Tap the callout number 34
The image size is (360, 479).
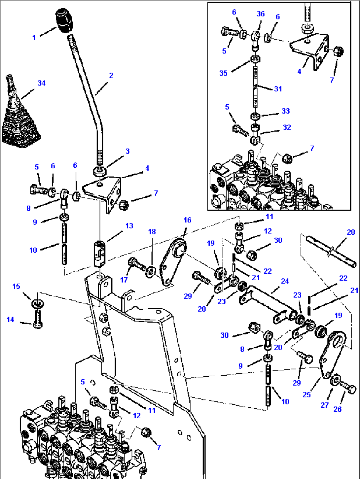(41, 83)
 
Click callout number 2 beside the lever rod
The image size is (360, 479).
(111, 76)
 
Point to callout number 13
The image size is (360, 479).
(129, 226)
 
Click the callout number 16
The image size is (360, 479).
(187, 220)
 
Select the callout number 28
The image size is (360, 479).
(351, 232)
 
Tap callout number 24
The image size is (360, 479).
(285, 281)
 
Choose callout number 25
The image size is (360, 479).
(306, 394)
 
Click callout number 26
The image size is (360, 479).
(337, 409)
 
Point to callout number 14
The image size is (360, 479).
(11, 320)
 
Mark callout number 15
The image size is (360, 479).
(16, 286)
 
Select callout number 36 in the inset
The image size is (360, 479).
(261, 14)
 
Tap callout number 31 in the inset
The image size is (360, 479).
(278, 89)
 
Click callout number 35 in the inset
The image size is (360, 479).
(223, 73)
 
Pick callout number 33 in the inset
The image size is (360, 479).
(285, 111)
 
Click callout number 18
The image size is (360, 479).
(152, 232)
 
